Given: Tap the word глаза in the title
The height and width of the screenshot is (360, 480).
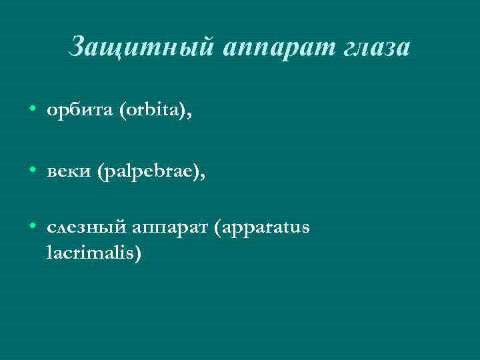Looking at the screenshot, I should click(x=373, y=47).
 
